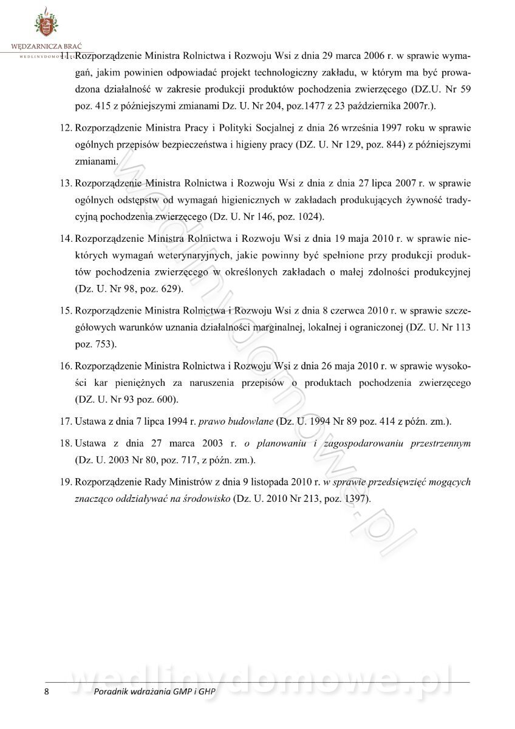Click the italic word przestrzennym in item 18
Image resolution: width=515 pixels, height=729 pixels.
(x=439, y=443)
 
